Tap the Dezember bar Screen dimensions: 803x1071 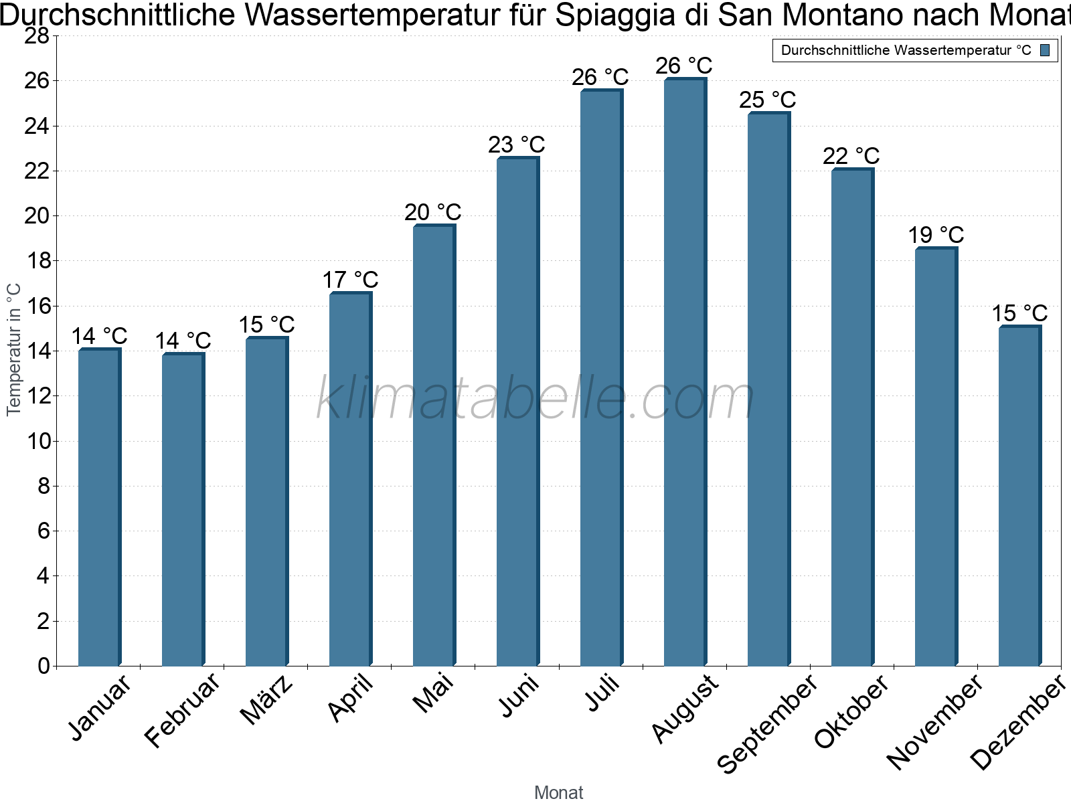point(1019,496)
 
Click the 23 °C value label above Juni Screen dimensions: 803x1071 point(516,145)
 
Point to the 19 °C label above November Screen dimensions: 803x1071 point(935,235)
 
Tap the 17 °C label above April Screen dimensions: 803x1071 point(350,280)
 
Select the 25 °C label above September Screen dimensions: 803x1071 point(767,100)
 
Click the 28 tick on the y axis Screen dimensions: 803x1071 point(37,36)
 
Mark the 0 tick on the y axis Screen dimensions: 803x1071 point(44,666)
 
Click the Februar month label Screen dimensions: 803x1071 point(182,709)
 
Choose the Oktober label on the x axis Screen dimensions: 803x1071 point(851,711)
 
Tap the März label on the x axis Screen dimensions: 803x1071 point(266,700)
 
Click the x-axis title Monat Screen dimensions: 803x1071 point(558,792)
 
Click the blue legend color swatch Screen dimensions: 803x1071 point(1045,50)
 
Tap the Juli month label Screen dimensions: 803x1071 point(602,693)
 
